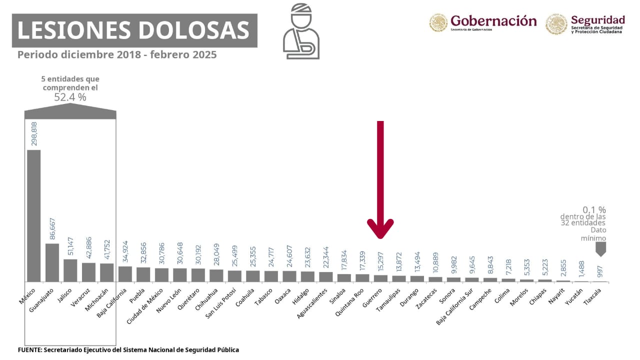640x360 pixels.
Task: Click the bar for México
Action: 34,215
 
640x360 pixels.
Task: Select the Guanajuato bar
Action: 52,262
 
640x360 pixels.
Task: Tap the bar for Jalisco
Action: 70,270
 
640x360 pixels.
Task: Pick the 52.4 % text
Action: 70,97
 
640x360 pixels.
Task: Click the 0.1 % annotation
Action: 594,210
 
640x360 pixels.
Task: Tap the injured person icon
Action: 301,32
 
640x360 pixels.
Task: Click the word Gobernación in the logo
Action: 493,21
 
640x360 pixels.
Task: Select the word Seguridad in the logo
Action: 597,20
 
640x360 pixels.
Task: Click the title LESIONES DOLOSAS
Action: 133,30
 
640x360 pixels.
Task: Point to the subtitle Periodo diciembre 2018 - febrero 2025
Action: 117,54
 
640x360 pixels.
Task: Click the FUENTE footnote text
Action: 128,350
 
